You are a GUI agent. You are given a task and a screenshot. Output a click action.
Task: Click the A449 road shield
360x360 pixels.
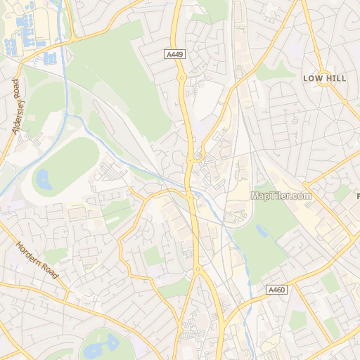(176, 53)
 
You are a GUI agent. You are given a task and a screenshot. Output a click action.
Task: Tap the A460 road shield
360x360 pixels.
(276, 289)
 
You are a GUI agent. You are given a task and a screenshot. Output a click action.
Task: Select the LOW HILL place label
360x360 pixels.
(325, 79)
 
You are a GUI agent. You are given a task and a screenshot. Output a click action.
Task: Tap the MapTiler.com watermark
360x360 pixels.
(281, 195)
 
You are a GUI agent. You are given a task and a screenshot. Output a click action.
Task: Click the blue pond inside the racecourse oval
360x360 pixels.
(44, 179)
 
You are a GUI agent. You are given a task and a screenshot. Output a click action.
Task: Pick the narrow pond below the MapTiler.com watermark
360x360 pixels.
(262, 230)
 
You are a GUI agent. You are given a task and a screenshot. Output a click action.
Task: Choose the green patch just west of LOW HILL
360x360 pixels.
(278, 70)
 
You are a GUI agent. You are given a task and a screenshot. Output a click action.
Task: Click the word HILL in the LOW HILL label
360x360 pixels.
(335, 79)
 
